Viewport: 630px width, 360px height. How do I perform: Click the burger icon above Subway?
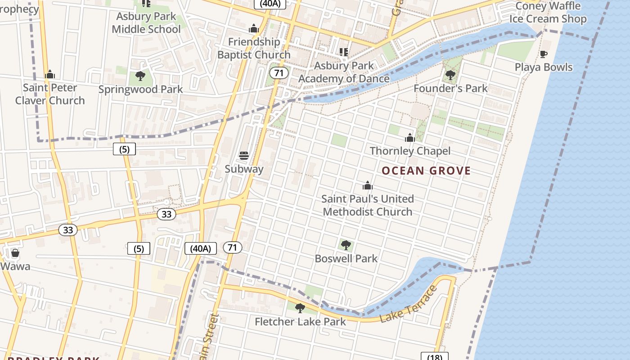point(244,156)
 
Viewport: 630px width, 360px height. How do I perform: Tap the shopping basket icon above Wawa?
point(15,253)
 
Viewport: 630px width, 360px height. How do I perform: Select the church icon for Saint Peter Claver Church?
point(50,74)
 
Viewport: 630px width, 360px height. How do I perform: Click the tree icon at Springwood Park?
point(140,76)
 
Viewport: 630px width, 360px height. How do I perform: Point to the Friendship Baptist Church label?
point(254,48)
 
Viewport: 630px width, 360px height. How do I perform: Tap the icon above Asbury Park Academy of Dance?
point(344,52)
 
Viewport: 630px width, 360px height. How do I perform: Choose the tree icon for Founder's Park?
point(450,75)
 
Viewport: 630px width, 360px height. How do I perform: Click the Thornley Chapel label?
point(409,151)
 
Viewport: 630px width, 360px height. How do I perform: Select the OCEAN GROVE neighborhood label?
point(426,171)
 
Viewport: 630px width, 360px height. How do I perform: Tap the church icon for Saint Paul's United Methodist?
point(368,185)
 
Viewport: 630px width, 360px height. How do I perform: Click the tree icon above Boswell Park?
point(346,245)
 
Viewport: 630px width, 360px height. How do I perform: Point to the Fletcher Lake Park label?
point(300,321)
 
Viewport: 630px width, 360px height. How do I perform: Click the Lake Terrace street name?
point(409,304)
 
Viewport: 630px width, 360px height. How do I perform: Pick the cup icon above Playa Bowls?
point(544,54)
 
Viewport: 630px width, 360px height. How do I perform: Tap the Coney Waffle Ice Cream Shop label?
point(548,13)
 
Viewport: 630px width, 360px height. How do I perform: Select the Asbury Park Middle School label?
point(146,22)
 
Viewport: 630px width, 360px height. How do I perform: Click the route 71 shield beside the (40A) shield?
point(232,247)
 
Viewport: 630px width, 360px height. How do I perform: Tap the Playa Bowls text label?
point(544,67)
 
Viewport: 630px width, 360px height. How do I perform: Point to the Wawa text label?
point(15,266)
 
